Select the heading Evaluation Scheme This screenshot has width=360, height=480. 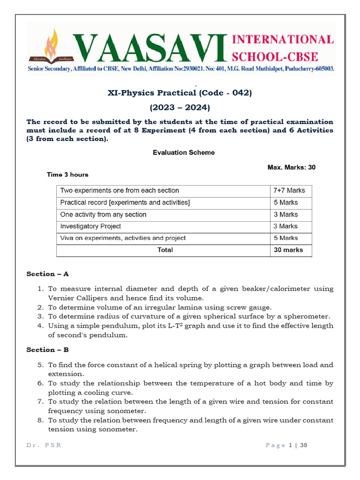click(x=184, y=152)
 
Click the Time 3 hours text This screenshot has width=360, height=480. click(x=67, y=174)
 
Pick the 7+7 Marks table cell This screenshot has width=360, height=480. click(x=289, y=190)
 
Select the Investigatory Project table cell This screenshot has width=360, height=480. click(x=90, y=226)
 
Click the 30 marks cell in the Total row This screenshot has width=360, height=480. click(x=288, y=250)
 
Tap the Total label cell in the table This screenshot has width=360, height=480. click(x=165, y=250)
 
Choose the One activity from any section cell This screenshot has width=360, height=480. click(x=103, y=214)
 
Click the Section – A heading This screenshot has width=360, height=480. click(x=47, y=274)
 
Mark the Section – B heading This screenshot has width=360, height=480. click(x=47, y=350)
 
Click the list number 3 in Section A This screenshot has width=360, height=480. click(x=41, y=316)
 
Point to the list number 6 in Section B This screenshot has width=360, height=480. click(x=41, y=383)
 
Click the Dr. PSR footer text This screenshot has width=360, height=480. click(x=44, y=445)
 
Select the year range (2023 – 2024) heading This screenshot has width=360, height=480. click(x=180, y=107)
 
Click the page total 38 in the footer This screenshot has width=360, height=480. click(x=303, y=445)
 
